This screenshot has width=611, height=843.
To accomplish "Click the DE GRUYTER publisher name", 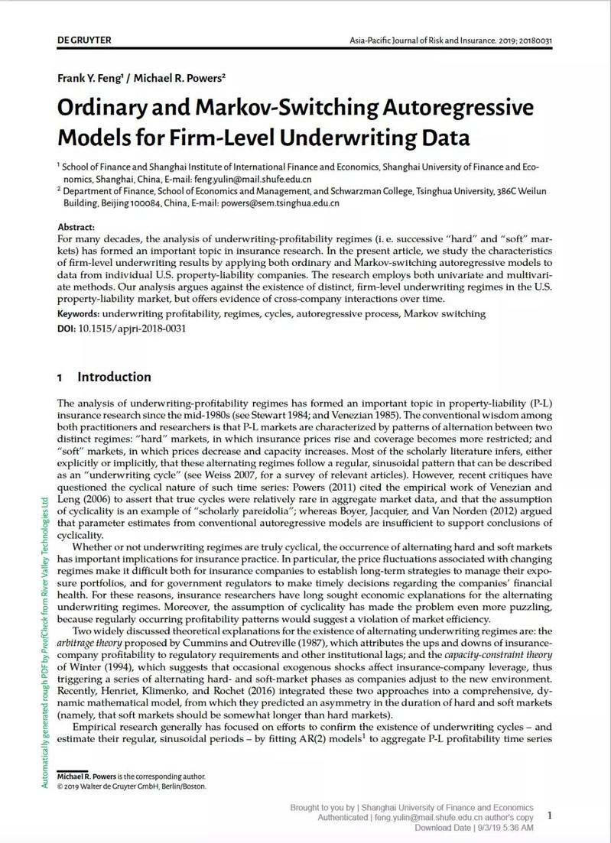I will (84, 40).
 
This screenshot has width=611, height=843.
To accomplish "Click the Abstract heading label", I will (76, 228).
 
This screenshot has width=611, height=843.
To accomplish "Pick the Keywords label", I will (79, 314).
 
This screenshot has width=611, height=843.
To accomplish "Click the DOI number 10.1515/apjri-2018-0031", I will (132, 329).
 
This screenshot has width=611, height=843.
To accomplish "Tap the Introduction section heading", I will (114, 377).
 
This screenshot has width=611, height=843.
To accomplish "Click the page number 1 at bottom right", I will (549, 815).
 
